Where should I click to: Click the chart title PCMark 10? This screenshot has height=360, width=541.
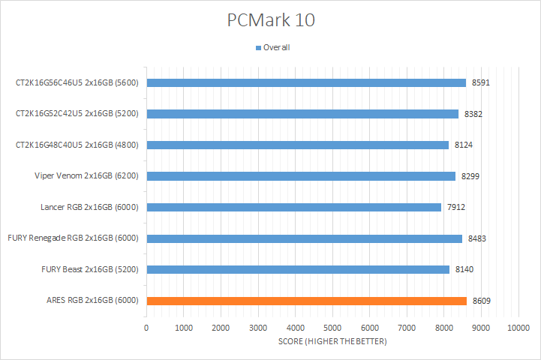pyautogui.click(x=271, y=19)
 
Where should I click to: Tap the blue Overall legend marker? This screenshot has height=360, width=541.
pyautogui.click(x=259, y=48)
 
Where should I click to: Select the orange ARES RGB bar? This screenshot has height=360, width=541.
pyautogui.click(x=306, y=301)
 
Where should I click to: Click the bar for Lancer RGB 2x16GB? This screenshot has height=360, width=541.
pyautogui.click(x=293, y=207)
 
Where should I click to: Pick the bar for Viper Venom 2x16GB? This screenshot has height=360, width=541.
pyautogui.click(x=301, y=176)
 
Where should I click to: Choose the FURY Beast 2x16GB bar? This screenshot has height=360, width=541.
pyautogui.click(x=298, y=269)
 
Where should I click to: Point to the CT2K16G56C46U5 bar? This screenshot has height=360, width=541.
pyautogui.click(x=306, y=82)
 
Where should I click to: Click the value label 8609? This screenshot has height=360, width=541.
pyautogui.click(x=482, y=301)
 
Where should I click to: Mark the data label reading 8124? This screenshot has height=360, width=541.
pyautogui.click(x=464, y=145)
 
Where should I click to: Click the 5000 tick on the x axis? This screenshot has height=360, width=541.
pyautogui.click(x=332, y=328)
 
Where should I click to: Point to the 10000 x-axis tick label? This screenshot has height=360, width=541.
pyautogui.click(x=518, y=328)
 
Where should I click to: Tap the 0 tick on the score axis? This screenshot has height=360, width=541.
pyautogui.click(x=146, y=328)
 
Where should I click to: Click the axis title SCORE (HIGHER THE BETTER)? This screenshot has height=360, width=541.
pyautogui.click(x=332, y=342)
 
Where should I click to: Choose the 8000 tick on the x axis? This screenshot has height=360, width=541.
pyautogui.click(x=443, y=328)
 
